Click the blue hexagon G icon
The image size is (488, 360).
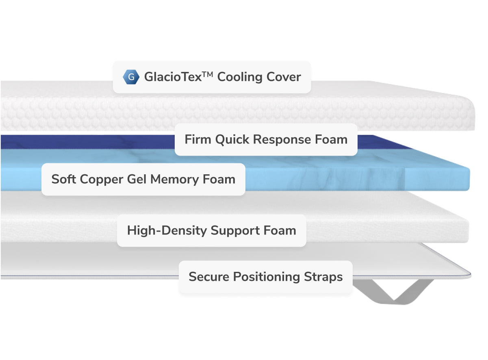point(131,77)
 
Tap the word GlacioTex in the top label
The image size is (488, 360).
point(173,77)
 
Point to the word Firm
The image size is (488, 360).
point(198,140)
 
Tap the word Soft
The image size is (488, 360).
point(64,179)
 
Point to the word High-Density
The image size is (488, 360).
point(167,231)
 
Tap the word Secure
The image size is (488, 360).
point(209,277)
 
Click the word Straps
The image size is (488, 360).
point(323,277)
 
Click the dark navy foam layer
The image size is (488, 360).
point(81,141)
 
